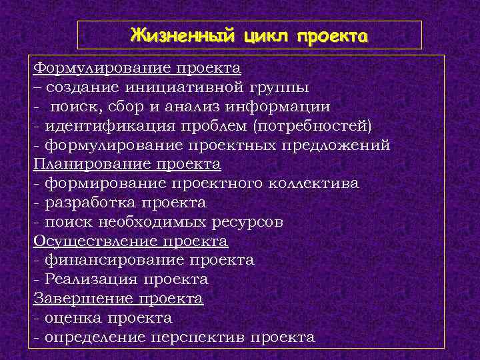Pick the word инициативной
tap(177, 87)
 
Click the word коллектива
tap(314, 183)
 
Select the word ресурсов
tap(246, 221)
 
